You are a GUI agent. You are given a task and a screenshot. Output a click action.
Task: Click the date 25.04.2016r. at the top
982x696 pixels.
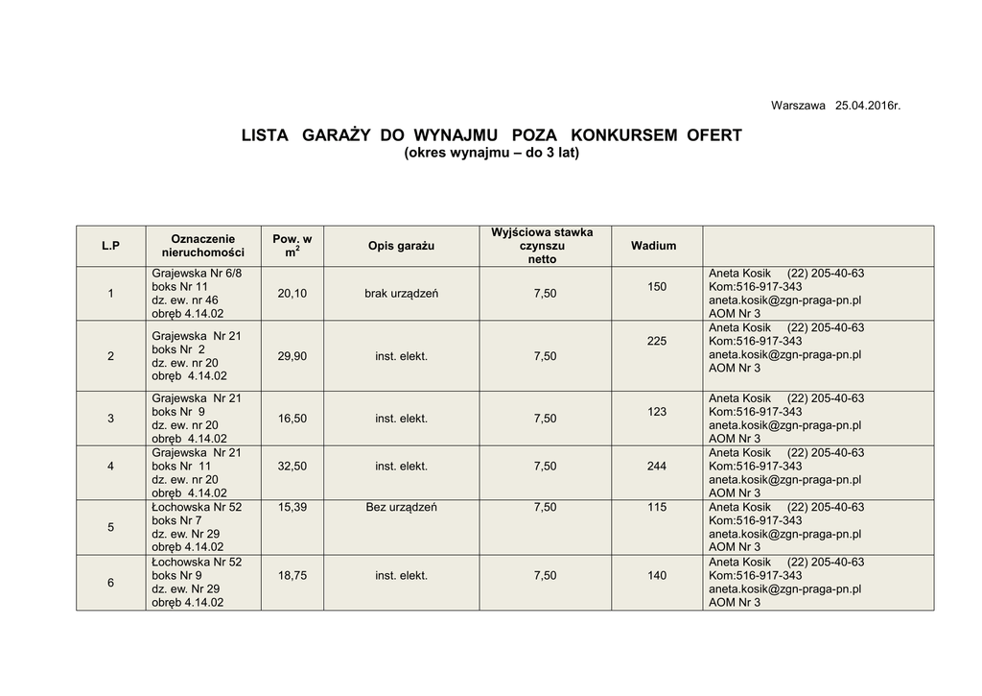[868, 105]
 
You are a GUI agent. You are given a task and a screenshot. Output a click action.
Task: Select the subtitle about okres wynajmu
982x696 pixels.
[492, 154]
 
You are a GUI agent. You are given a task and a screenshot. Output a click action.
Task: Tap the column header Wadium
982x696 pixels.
[653, 246]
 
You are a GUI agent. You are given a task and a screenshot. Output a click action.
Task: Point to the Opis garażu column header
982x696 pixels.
[401, 246]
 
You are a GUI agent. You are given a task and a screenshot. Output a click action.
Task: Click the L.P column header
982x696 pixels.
[110, 246]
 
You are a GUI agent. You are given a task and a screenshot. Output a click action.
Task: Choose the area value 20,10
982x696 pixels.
[292, 294]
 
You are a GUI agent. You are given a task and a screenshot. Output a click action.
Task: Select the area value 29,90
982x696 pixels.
[292, 356]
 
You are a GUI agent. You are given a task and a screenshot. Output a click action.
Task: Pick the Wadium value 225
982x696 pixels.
[657, 341]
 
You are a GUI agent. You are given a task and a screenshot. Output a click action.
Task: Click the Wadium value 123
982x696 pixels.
[657, 412]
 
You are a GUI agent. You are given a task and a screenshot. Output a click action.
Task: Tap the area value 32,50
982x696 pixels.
[292, 467]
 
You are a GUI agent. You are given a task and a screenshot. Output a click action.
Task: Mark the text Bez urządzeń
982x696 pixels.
[401, 507]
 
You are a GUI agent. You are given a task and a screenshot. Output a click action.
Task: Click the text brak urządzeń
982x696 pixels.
[401, 294]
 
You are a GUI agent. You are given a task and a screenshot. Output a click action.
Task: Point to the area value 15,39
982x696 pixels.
[292, 507]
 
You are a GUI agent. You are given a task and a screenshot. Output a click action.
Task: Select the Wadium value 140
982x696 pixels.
[657, 576]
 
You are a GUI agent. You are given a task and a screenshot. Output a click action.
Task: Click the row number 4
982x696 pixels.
[110, 467]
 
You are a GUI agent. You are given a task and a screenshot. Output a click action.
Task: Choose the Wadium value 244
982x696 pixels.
[657, 467]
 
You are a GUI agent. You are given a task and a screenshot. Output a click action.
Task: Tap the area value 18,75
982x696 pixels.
[292, 576]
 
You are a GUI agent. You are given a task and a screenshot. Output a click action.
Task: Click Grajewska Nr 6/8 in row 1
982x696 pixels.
[197, 274]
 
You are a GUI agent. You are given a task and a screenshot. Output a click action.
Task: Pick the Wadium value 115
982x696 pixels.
[657, 507]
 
